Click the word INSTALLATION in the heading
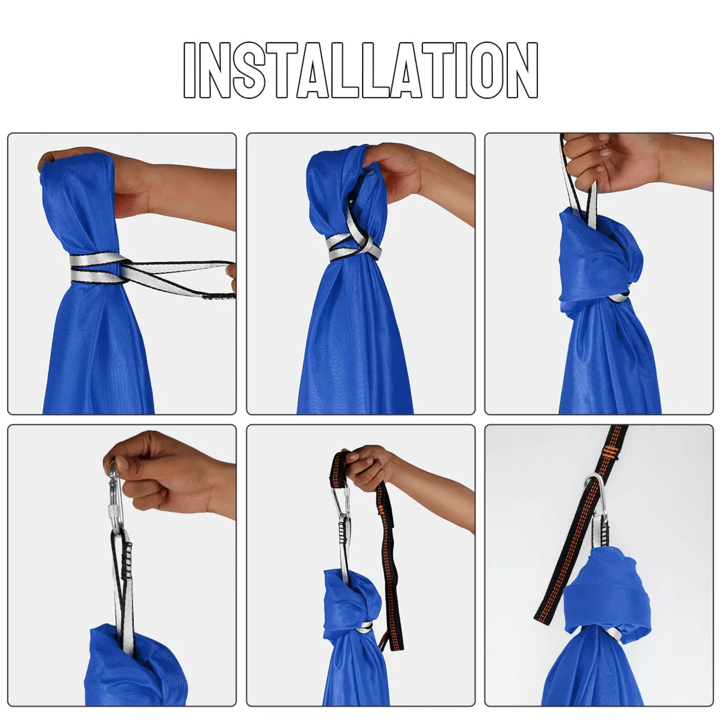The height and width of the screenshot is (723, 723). (361, 70)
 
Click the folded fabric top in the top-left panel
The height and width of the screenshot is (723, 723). (75, 176)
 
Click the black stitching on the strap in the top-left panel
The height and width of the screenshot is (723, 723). (219, 297)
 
